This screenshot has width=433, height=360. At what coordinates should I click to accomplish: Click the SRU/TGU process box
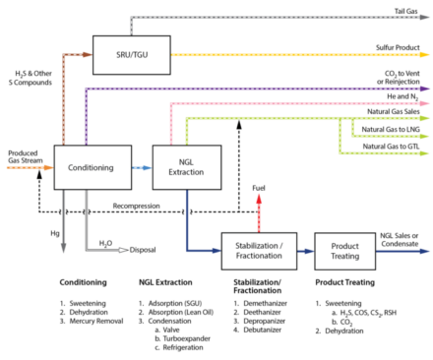131,54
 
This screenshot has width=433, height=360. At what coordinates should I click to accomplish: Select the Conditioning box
93,167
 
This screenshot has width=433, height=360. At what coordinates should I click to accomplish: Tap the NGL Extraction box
186,167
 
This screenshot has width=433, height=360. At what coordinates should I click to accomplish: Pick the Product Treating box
344,251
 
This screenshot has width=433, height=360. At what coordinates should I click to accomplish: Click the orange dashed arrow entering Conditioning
29,167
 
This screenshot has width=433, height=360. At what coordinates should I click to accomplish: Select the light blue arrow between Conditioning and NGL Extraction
142,167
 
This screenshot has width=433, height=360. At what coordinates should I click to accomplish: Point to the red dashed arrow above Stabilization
259,211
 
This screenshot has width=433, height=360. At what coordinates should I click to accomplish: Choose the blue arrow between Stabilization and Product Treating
305,251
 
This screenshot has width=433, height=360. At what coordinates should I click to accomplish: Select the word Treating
344,257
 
